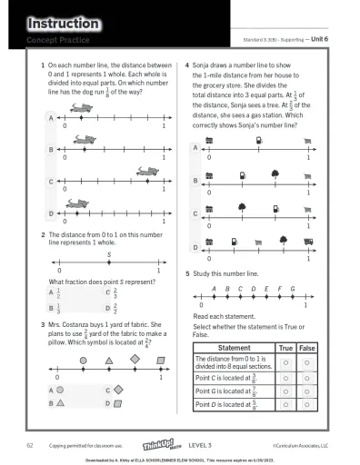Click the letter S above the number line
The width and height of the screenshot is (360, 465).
[108, 255]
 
